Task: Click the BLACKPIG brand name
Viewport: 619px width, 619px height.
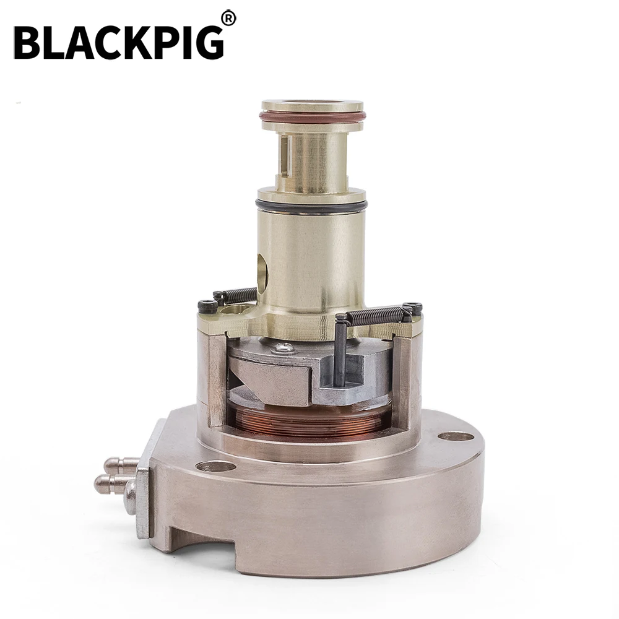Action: tap(118, 42)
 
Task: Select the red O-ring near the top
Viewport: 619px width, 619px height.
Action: tap(313, 116)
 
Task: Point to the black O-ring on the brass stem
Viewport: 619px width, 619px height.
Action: tap(311, 204)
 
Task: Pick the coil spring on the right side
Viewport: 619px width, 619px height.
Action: tap(374, 316)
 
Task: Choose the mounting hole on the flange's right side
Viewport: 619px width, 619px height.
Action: tap(456, 436)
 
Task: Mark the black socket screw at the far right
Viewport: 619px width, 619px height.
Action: tap(412, 308)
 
